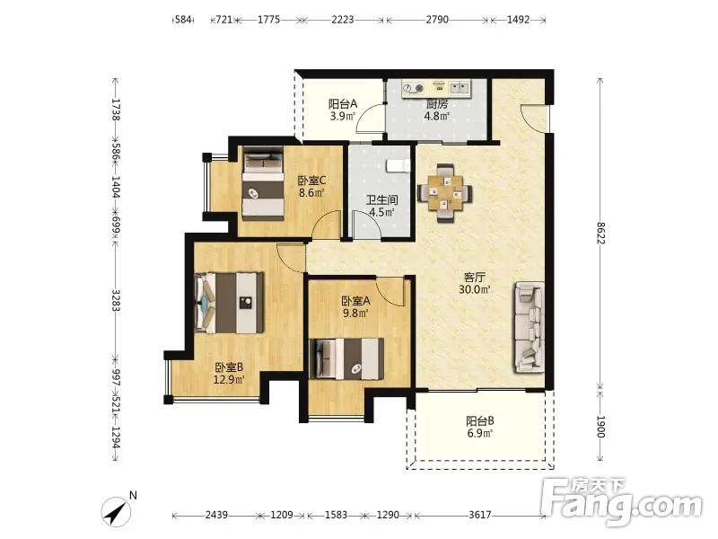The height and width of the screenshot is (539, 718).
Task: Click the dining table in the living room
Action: click(x=444, y=193)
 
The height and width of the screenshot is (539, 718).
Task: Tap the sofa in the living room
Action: click(x=530, y=327)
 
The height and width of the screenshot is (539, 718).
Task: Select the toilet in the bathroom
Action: click(x=398, y=165)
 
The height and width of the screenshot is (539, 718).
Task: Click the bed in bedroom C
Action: click(x=263, y=183)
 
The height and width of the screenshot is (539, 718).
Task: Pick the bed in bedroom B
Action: click(x=229, y=303)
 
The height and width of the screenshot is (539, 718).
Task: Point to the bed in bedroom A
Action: click(x=346, y=358)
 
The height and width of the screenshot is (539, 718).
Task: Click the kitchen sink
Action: click(x=460, y=87)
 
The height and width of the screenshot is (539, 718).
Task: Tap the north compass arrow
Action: click(x=117, y=511)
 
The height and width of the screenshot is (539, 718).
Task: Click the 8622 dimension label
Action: click(x=600, y=233)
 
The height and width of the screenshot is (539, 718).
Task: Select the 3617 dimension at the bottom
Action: click(x=480, y=515)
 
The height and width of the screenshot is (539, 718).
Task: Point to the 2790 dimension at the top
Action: click(x=437, y=19)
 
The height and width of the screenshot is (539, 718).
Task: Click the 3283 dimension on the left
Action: click(x=117, y=301)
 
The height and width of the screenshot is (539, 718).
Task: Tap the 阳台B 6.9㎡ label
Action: click(x=480, y=427)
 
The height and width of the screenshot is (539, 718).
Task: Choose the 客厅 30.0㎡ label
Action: click(x=475, y=283)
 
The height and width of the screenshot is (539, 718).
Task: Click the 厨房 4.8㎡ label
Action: click(x=437, y=110)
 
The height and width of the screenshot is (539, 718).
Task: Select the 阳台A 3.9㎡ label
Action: click(x=343, y=110)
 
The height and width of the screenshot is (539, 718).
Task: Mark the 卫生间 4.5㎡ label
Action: click(x=382, y=207)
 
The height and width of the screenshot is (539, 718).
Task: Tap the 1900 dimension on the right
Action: click(x=600, y=428)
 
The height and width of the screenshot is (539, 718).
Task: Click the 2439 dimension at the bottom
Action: click(x=216, y=515)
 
